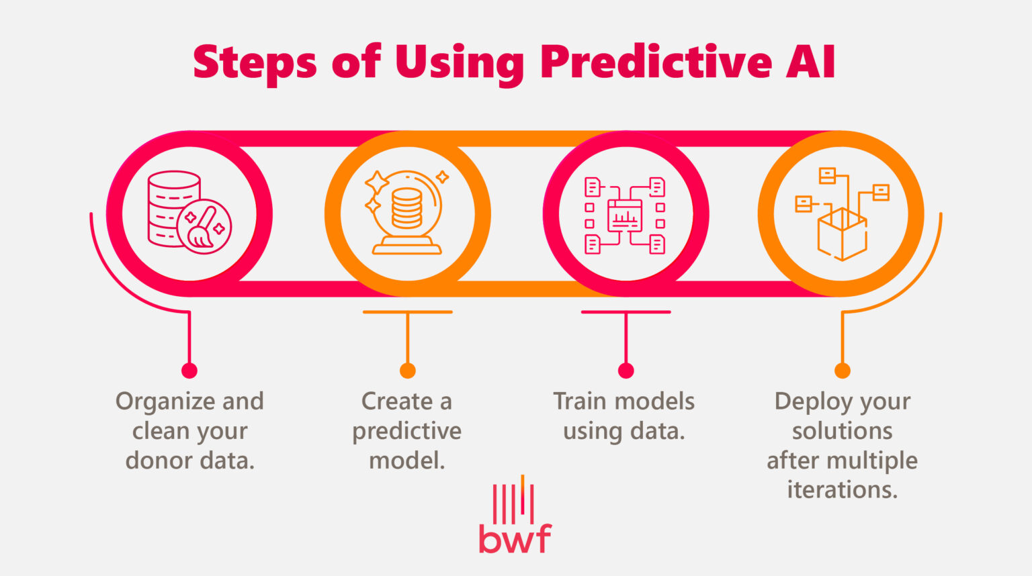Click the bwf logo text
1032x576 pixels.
pyautogui.click(x=515, y=538)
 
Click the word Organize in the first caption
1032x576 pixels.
pyautogui.click(x=165, y=401)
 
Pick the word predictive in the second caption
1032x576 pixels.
pyautogui.click(x=406, y=431)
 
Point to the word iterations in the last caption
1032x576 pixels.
pyautogui.click(x=841, y=489)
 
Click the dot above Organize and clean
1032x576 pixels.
pyautogui.click(x=189, y=371)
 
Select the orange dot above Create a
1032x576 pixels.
pyautogui.click(x=407, y=371)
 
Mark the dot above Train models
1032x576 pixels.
pyautogui.click(x=626, y=371)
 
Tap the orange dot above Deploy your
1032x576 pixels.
pyautogui.click(x=842, y=371)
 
